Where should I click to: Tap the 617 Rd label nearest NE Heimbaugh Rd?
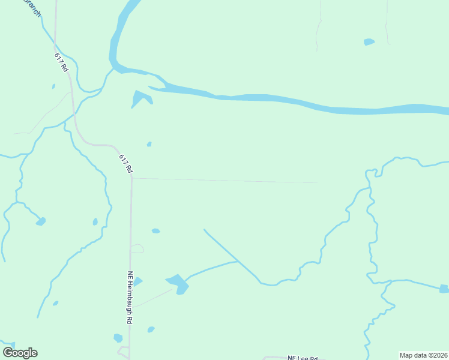125,164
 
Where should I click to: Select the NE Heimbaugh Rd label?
129,298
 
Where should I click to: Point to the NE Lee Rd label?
302,357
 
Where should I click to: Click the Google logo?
20,352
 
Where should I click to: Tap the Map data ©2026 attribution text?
424,355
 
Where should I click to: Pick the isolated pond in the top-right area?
369,42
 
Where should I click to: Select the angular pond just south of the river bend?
141,98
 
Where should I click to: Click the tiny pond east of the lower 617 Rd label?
149,144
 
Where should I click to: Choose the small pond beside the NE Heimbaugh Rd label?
137,281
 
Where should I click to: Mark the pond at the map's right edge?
444,289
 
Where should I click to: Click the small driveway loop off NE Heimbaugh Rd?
137,248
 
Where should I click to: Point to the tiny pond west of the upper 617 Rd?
53,86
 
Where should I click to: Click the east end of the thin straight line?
316,182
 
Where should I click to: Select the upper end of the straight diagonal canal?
205,230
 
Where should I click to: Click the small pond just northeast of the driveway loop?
155,231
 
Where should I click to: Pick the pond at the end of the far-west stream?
41,221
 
